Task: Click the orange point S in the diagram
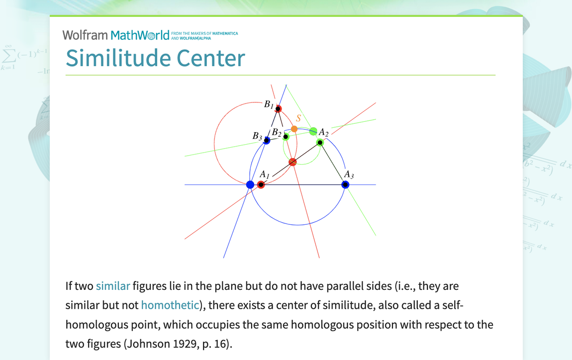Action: [294, 129]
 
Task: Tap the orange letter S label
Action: [298, 118]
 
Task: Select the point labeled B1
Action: [278, 109]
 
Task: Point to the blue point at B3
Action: [267, 141]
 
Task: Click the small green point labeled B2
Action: [286, 136]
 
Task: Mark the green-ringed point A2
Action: [320, 143]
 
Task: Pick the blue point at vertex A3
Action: [345, 184]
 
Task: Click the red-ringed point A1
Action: [261, 184]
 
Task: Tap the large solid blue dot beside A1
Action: [250, 184]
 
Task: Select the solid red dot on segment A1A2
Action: [292, 162]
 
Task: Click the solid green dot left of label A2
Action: [313, 131]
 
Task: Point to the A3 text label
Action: [349, 175]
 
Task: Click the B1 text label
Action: [268, 104]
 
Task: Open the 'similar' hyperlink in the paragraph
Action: [113, 286]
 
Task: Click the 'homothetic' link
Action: [170, 305]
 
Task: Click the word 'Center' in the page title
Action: [209, 58]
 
